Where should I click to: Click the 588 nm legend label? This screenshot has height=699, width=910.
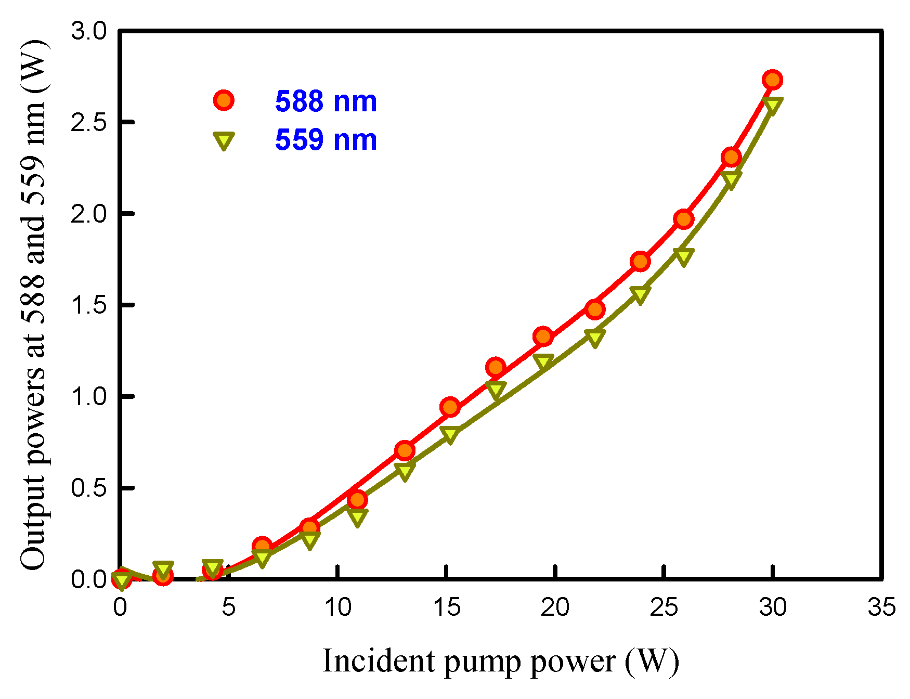coord(326,101)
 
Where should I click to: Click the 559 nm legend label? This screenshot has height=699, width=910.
coord(326,140)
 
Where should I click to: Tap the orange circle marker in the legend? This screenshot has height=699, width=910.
coord(224,100)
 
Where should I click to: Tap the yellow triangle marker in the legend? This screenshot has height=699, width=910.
coord(224,140)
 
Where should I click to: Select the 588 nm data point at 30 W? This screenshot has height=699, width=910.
coord(773,80)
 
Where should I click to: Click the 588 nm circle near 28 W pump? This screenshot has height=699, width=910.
coord(731,157)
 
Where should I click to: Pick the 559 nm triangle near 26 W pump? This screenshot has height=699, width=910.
coord(683,256)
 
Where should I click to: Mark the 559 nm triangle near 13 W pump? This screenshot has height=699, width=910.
coord(405,470)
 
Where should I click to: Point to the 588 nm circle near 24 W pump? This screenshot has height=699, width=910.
coord(640,261)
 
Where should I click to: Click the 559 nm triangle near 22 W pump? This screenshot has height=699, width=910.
coord(595,338)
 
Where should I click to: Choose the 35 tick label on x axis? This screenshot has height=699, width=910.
coord(881,607)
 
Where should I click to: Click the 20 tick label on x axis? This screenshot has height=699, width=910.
coord(555,607)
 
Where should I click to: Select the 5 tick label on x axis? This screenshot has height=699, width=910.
coord(229,607)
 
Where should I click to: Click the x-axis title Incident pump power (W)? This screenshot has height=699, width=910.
coord(501,662)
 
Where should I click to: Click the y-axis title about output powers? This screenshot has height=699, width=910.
coord(34,305)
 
